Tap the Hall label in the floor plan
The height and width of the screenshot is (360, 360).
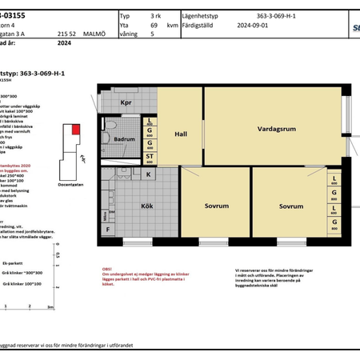point(181,134)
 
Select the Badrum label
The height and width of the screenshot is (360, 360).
point(125,138)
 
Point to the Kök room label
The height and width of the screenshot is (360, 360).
point(136,206)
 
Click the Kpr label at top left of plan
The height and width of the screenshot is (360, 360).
point(126,103)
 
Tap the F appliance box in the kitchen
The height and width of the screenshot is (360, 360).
point(108,230)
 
